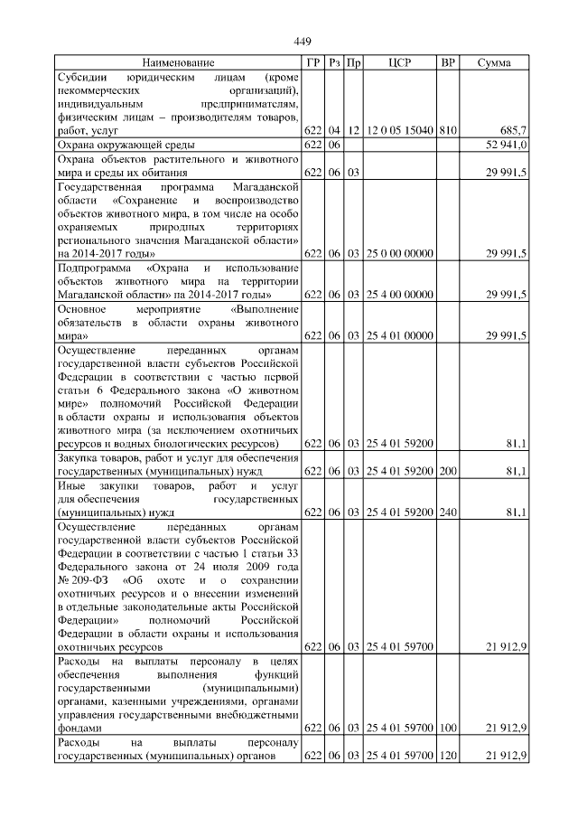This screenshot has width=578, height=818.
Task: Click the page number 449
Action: pyautogui.click(x=302, y=41)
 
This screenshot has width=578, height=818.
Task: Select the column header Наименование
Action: pyautogui.click(x=178, y=63)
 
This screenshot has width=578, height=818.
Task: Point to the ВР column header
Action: pyautogui.click(x=447, y=63)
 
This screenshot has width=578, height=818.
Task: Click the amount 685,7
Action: pyautogui.click(x=512, y=130)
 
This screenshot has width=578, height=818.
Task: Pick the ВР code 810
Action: pyautogui.click(x=447, y=130)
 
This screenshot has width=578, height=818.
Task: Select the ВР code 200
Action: pyautogui.click(x=447, y=471)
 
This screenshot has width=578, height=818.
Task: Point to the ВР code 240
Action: pyautogui.click(x=447, y=512)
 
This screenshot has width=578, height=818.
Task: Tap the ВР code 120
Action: pyautogui.click(x=447, y=755)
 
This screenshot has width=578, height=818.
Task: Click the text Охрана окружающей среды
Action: pyautogui.click(x=126, y=145)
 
